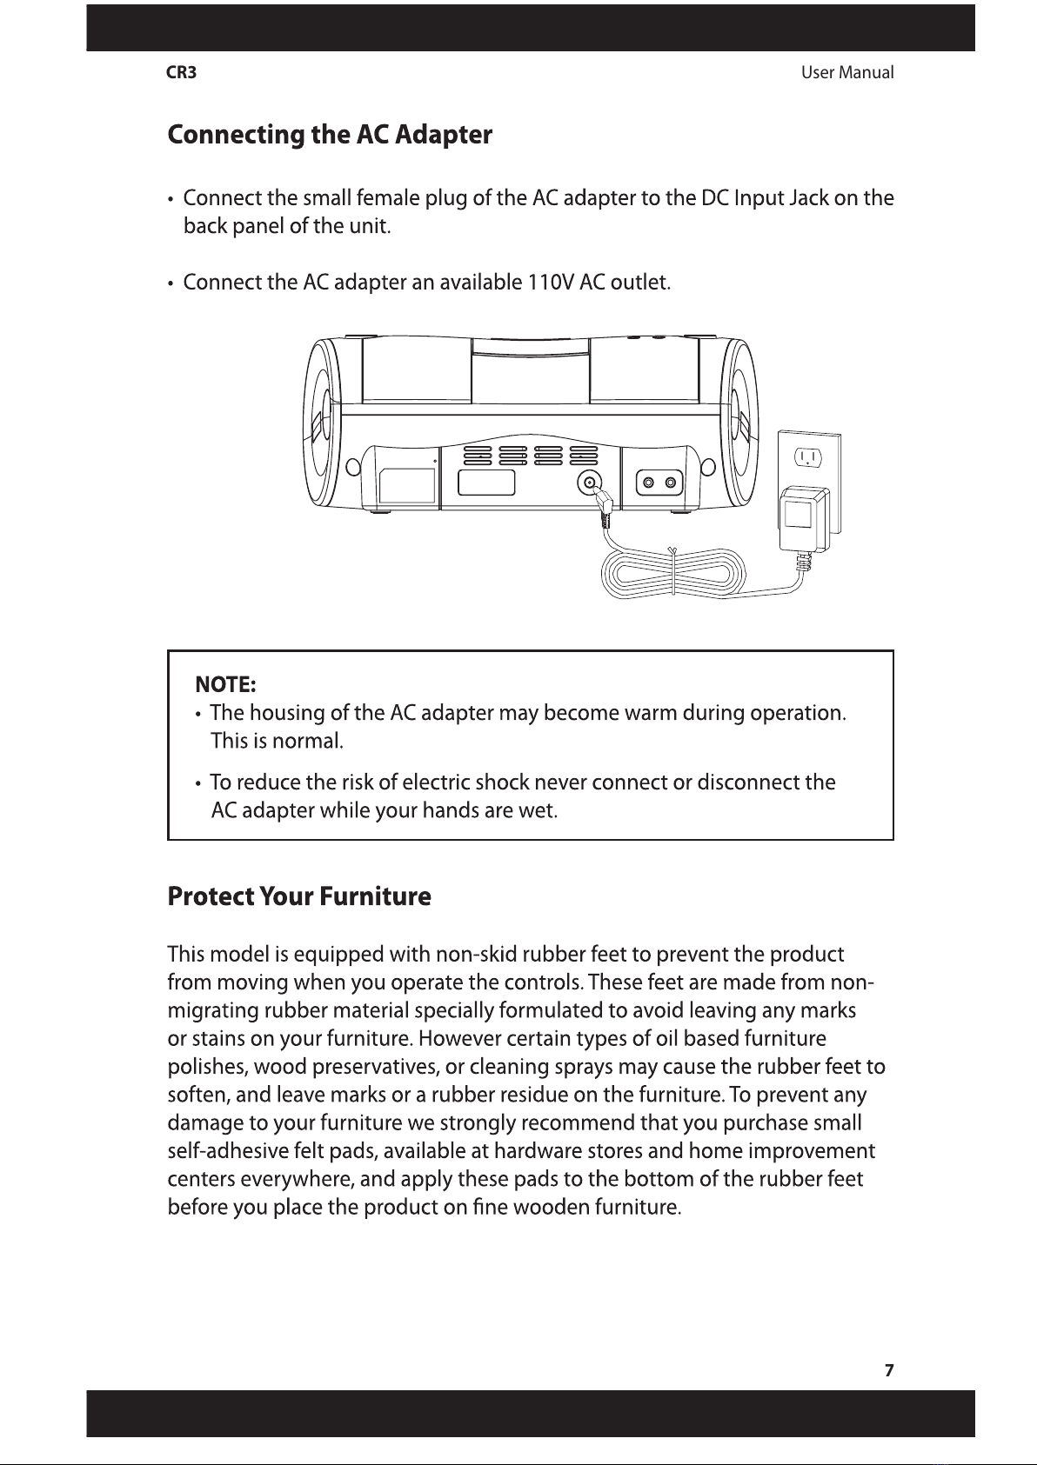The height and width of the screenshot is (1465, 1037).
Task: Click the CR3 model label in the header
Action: click(x=181, y=73)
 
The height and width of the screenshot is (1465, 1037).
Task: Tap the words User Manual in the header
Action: click(x=846, y=73)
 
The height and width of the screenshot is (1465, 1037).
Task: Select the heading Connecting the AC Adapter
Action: click(x=330, y=136)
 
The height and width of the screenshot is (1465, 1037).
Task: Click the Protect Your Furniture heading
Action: click(x=298, y=896)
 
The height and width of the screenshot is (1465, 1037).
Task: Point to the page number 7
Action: click(x=888, y=1370)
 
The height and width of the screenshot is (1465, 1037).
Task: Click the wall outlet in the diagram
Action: click(x=808, y=458)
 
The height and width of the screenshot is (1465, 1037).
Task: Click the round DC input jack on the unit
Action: click(x=592, y=483)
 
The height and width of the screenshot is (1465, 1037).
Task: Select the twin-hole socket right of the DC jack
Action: click(x=658, y=483)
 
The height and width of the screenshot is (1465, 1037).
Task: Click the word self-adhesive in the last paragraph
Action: click(x=222, y=1152)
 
